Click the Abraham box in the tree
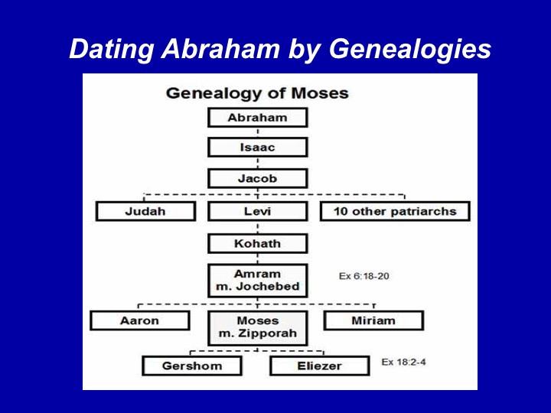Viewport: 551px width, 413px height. coord(258,118)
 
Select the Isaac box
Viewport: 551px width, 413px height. coord(258,147)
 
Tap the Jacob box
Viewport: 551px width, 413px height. coord(258,178)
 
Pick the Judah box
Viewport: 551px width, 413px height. coord(145,211)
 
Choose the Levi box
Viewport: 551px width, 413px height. coord(258,211)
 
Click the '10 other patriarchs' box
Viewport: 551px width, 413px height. coord(395,211)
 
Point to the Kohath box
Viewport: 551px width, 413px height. coord(258,243)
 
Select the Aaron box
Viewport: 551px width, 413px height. coord(140,320)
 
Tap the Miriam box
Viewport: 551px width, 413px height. coord(373,320)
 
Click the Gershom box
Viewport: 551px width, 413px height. coord(192,366)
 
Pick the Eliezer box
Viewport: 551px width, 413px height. coord(319,366)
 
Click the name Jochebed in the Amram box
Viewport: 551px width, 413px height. coord(268,286)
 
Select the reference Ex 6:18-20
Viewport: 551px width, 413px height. coord(364,276)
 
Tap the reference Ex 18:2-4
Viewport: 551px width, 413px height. coord(404,362)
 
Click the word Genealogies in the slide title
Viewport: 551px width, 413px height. coord(409,49)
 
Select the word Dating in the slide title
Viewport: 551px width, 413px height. coord(112,49)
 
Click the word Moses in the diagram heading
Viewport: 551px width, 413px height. coord(320,93)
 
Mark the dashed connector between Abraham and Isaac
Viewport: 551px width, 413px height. coord(258,132)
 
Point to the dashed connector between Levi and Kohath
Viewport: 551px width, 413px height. coord(258,228)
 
